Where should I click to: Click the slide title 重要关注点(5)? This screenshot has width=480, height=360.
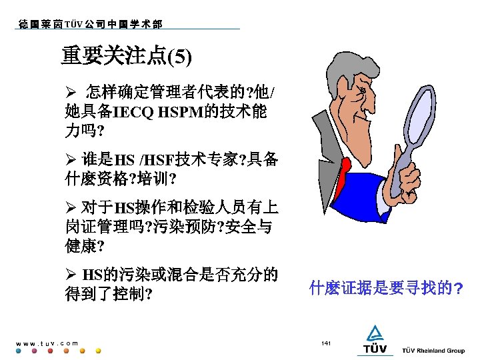(127, 56)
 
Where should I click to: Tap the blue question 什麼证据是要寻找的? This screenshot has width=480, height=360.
(386, 289)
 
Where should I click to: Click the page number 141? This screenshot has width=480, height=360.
(326, 343)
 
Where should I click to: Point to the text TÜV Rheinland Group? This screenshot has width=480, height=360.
(433, 350)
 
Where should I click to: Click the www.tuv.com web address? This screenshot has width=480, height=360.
(46, 343)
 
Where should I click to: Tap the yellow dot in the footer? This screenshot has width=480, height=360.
(99, 351)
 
